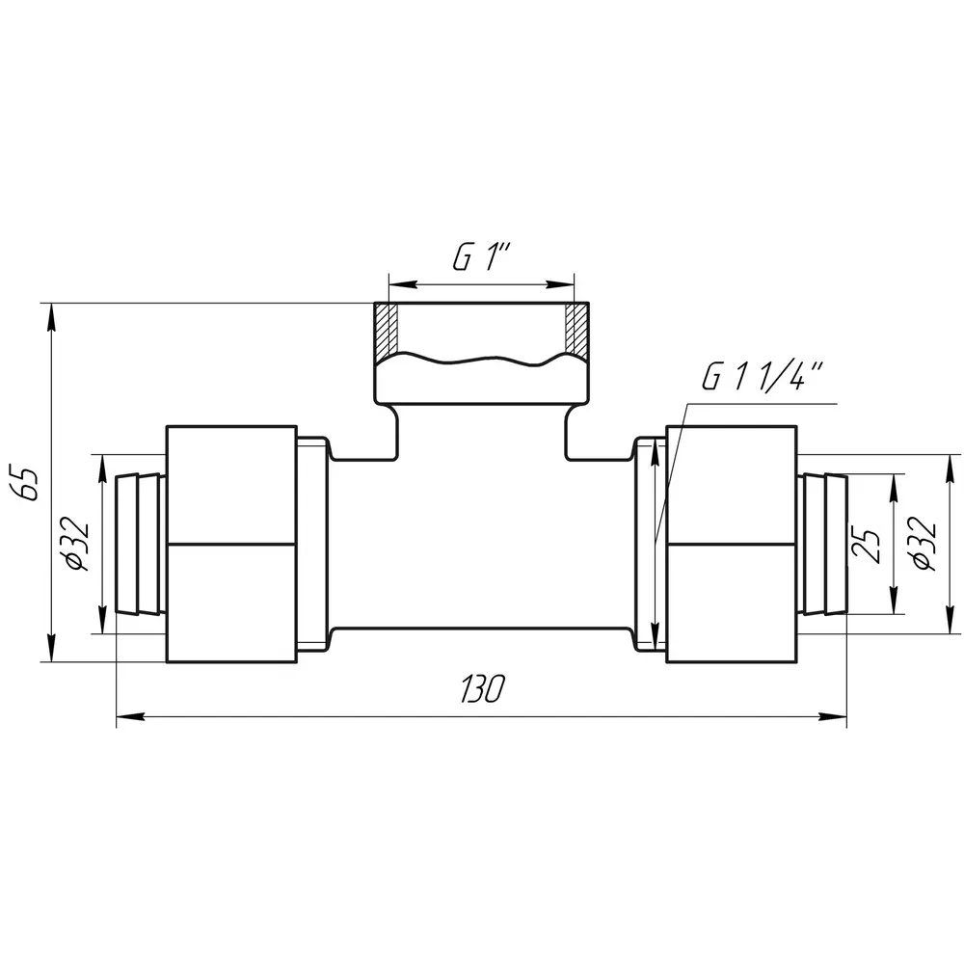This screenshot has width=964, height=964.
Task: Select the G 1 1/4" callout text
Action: pos(763,376)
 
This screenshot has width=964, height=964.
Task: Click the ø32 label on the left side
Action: pos(76,544)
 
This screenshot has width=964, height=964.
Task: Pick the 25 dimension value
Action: pos(867,546)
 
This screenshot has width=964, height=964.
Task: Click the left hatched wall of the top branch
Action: pos(387,330)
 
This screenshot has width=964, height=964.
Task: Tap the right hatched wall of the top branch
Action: pos(577,330)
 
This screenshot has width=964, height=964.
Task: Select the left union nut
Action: pos(231,544)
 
